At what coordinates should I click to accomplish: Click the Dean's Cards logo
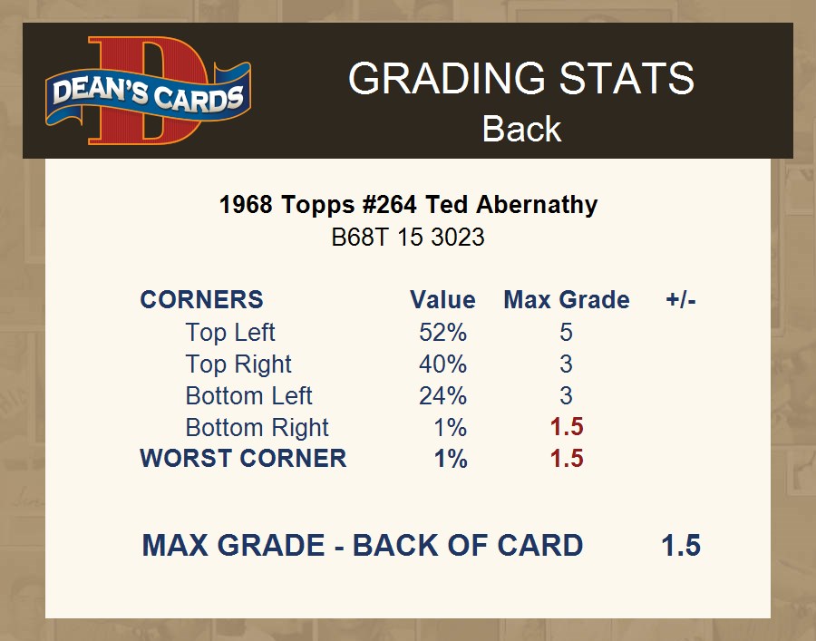coord(149,91)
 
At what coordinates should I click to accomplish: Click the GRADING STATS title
coord(521,78)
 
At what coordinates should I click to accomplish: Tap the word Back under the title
coord(521,129)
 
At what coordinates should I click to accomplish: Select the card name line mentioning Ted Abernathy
coord(409,205)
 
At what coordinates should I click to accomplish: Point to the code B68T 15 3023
coord(408,238)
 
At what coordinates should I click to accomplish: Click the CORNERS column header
coord(202,300)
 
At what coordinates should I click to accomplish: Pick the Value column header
coord(442,300)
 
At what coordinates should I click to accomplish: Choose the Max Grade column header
coord(567,300)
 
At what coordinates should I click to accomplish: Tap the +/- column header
coord(681,300)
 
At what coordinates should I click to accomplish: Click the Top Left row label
coord(230,333)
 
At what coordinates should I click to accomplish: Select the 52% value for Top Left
coord(442,333)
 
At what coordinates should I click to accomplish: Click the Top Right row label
coord(238,364)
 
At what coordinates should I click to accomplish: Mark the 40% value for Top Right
coord(442,364)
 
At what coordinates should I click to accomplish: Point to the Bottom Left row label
coord(248,396)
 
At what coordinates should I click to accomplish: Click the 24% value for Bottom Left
coord(442,396)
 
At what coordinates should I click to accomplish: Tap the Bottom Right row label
coord(257,428)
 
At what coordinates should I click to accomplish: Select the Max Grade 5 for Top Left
coord(566,333)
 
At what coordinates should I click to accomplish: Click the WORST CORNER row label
coord(243,459)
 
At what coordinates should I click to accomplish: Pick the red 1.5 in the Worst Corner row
coord(567,459)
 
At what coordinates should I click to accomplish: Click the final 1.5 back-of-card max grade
coord(681,545)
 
